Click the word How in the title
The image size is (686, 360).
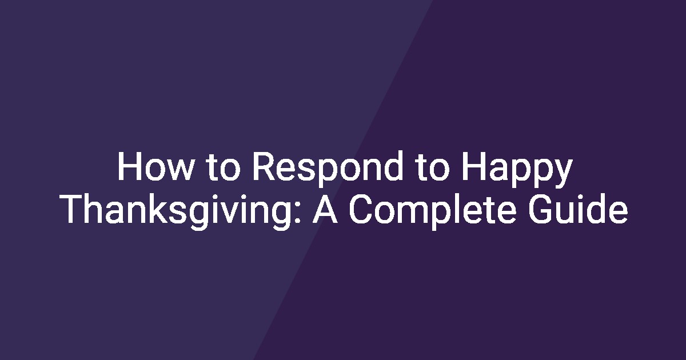[x=155, y=166]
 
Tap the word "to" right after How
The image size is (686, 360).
[x=222, y=167]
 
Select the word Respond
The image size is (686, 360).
[x=327, y=168]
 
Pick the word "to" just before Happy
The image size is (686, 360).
[x=432, y=167]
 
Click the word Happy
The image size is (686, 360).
[x=517, y=169]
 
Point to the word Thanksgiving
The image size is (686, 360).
[x=178, y=211]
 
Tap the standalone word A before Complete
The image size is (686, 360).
[x=325, y=209]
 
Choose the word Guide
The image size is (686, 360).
[x=578, y=209]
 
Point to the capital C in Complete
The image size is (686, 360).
[x=361, y=209]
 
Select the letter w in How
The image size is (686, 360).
[x=179, y=170]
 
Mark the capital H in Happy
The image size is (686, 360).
[x=473, y=166]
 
